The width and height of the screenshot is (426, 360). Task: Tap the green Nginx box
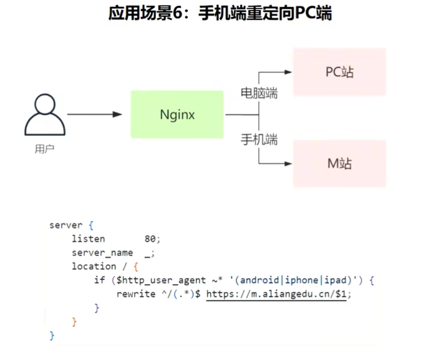point(177,115)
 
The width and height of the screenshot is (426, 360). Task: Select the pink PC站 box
point(339,72)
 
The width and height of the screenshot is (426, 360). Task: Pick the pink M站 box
point(339,163)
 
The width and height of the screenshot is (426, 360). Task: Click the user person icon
point(44,116)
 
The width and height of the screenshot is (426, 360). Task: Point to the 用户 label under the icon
point(44,150)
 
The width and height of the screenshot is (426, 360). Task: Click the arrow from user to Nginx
point(94,115)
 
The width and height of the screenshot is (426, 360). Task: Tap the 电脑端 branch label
point(259,94)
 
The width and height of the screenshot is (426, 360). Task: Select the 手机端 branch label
point(259,139)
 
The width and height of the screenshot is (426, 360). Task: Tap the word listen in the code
point(88,239)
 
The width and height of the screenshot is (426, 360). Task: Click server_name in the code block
point(102,253)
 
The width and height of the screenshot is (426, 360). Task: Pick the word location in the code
point(94,266)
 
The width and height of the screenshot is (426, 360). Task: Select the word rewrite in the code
point(135,293)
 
